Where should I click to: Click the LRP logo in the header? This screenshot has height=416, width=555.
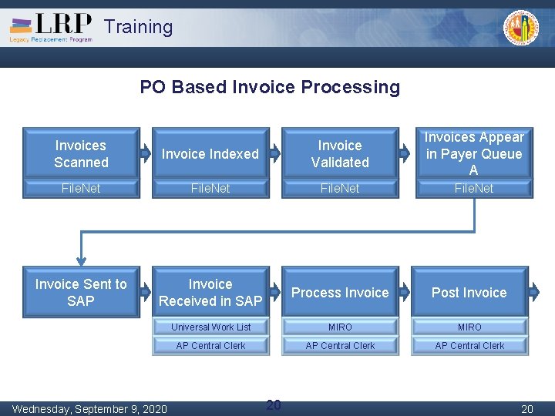tap(51, 27)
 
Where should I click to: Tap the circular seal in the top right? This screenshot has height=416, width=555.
tap(521, 29)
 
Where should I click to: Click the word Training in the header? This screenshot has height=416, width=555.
tap(139, 27)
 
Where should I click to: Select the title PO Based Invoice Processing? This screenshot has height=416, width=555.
tap(270, 87)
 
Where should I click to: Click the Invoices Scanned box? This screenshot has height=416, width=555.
tap(81, 153)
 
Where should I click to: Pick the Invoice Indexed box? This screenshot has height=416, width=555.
tap(210, 153)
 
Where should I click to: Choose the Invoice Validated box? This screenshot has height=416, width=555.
tap(340, 153)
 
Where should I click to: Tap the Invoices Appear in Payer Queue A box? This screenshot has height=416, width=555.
tap(473, 153)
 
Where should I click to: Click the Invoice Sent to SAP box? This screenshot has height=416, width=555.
tap(81, 292)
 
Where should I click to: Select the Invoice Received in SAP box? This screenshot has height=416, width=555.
tap(210, 292)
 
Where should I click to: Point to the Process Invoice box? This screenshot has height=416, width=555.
tap(340, 292)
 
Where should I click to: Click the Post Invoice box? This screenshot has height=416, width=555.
tap(469, 292)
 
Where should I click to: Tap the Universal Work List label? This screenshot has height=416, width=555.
tap(210, 327)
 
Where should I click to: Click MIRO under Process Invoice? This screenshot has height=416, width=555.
tap(340, 327)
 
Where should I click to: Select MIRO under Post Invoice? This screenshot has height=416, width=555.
tap(469, 327)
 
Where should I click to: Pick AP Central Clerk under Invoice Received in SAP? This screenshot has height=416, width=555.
tap(210, 346)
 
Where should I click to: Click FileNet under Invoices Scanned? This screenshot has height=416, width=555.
tap(81, 188)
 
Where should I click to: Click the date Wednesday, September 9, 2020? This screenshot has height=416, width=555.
tap(89, 408)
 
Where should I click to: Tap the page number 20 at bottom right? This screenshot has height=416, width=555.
tap(527, 408)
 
